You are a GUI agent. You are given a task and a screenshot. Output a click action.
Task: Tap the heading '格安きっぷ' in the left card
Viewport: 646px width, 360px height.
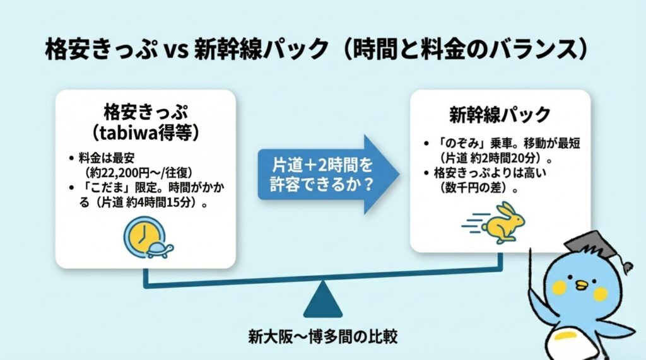pyautogui.click(x=145, y=112)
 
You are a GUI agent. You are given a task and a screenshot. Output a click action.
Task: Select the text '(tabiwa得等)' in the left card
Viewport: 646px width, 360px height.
pyautogui.click(x=145, y=132)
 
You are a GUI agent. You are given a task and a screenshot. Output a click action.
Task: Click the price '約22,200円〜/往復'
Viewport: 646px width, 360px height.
pyautogui.click(x=139, y=172)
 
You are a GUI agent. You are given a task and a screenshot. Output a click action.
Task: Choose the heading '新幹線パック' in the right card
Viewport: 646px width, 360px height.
pyautogui.click(x=500, y=115)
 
